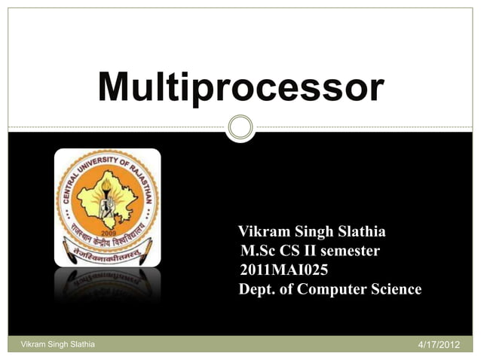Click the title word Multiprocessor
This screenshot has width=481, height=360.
click(241, 88)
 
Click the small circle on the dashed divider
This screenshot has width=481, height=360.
click(240, 127)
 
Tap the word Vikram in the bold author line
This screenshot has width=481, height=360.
click(261, 231)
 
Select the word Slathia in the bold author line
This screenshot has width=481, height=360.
click(357, 231)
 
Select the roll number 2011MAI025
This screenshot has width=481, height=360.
click(283, 270)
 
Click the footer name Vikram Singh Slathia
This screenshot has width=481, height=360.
click(52, 344)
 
